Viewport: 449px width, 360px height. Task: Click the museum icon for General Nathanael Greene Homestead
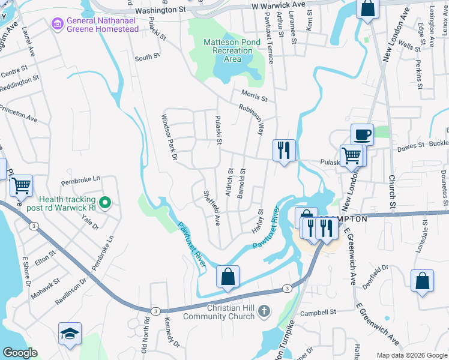click(x=58, y=23)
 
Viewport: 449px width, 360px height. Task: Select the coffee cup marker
click(x=363, y=134)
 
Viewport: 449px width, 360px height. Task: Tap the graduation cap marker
click(x=70, y=334)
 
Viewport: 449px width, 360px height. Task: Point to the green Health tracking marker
click(x=106, y=203)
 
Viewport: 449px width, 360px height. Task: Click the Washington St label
click(x=160, y=10)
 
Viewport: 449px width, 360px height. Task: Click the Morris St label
click(x=253, y=94)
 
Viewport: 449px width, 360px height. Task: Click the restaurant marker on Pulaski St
click(x=284, y=150)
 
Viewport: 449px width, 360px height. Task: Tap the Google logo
click(x=20, y=353)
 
